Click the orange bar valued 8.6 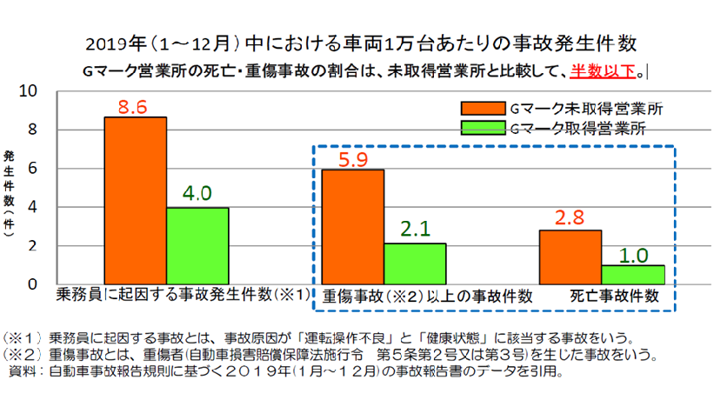135,200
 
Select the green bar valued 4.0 197,245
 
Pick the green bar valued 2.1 415,263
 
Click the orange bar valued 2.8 570,257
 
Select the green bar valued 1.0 632,274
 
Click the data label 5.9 352,160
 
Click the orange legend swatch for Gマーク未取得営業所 483,109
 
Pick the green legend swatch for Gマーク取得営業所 483,128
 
